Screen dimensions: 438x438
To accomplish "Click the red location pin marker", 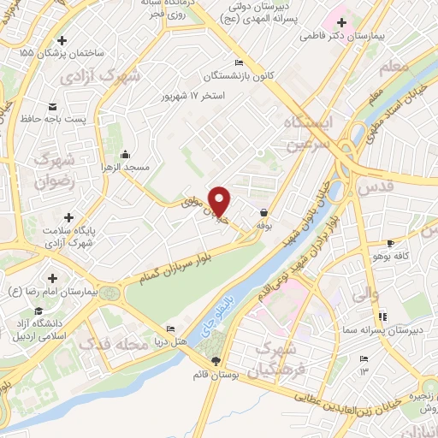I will click(x=220, y=200).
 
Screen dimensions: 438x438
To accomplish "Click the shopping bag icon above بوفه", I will click(x=263, y=211).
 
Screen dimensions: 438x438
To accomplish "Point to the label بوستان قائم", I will click(x=215, y=374).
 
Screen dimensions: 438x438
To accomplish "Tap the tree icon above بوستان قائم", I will click(x=215, y=361).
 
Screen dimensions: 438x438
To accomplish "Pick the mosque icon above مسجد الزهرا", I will click(x=126, y=155).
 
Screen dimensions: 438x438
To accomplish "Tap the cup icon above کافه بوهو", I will click(x=391, y=244).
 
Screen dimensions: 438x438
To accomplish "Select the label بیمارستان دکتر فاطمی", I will click(x=345, y=38).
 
